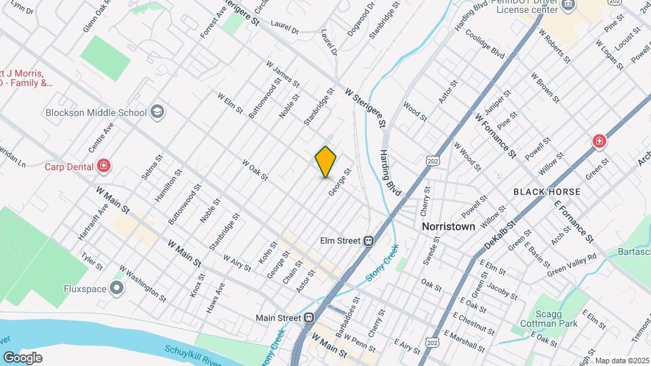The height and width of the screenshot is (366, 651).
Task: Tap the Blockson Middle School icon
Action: click(x=157, y=112)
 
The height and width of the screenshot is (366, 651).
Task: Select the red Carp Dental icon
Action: click(x=103, y=165)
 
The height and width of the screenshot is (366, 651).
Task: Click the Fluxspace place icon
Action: click(x=117, y=289)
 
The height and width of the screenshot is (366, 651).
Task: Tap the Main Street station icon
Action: click(x=309, y=317)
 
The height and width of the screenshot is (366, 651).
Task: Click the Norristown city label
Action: click(x=448, y=226)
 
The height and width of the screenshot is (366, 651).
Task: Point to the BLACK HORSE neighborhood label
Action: click(x=547, y=192)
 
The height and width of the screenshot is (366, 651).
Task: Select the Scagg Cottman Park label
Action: click(x=555, y=318)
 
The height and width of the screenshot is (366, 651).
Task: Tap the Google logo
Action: click(x=22, y=357)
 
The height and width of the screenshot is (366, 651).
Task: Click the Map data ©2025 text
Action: click(x=622, y=361)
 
